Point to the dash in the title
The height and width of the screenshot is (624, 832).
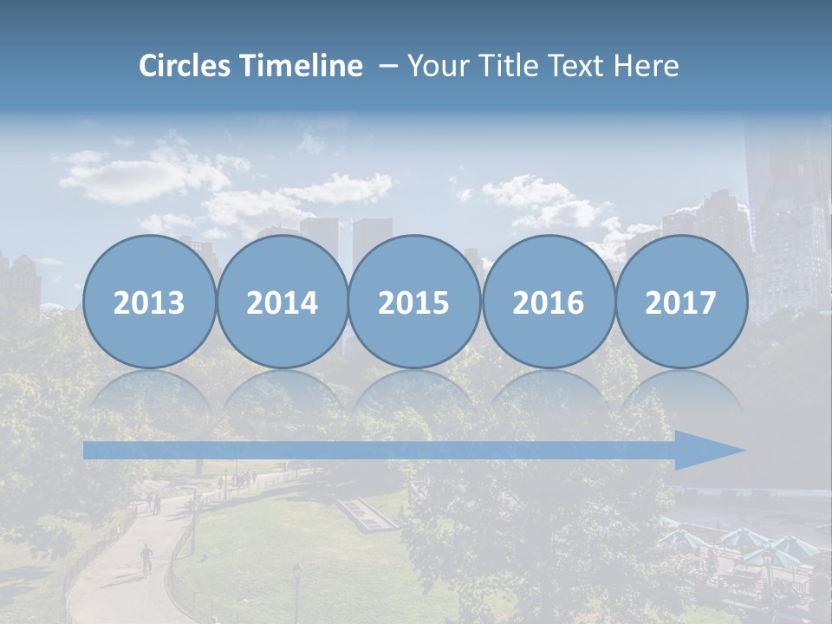pyautogui.click(x=388, y=67)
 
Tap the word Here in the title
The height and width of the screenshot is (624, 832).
pyautogui.click(x=647, y=66)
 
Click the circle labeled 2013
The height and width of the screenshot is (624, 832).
pyautogui.click(x=149, y=302)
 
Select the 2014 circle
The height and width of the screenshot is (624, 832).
pyautogui.click(x=282, y=302)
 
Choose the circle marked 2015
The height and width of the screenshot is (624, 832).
pyautogui.click(x=414, y=302)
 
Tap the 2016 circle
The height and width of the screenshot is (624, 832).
pyautogui.click(x=548, y=302)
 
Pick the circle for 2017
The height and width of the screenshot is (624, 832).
pyautogui.click(x=681, y=302)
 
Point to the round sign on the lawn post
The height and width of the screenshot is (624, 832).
pyautogui.click(x=296, y=569)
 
